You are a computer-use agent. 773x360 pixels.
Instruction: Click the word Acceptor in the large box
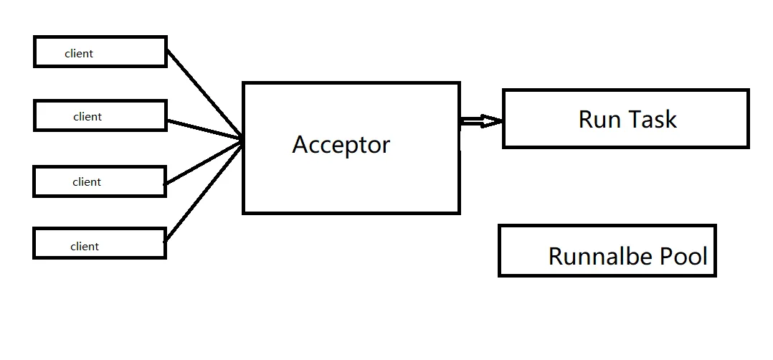(341, 146)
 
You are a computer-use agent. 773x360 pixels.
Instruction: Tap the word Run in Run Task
(599, 119)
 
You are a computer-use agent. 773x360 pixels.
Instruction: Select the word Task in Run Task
(652, 119)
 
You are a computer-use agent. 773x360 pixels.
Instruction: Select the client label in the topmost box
(79, 54)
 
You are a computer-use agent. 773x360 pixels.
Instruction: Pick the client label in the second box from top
(87, 117)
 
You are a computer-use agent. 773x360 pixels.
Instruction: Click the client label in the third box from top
(87, 182)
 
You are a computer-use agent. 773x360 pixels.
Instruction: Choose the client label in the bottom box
(85, 247)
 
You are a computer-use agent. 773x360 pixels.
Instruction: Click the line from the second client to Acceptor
(204, 130)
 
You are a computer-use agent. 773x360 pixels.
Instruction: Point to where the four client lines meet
(242, 141)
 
